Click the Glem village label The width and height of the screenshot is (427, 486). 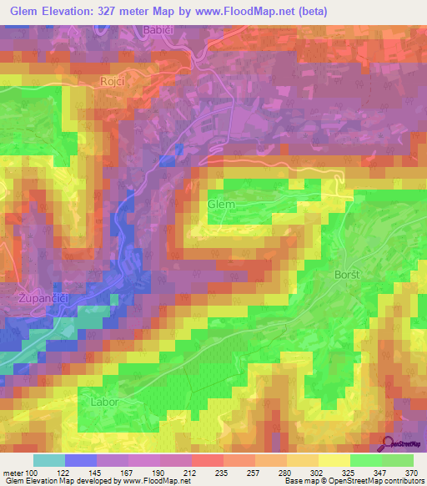pyautogui.click(x=222, y=205)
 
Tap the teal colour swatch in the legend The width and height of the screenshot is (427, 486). pyautogui.click(x=49, y=460)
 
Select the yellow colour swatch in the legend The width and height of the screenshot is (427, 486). pyautogui.click(x=334, y=460)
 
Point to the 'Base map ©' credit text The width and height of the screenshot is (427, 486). pyautogui.click(x=308, y=482)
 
